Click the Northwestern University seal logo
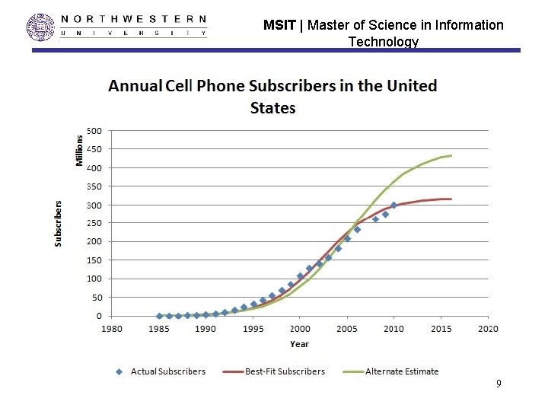coord(40,27)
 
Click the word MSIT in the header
coord(279,25)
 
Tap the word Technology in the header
coord(384,42)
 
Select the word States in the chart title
coord(273,107)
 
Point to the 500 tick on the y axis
coord(94,131)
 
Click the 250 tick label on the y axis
coord(94,223)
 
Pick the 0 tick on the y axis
coord(99,316)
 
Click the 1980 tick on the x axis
coord(111,329)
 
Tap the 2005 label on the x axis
coord(347,329)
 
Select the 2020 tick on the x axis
coord(488,329)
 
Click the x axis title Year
coord(299,344)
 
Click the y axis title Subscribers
coord(58,224)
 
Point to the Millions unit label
coord(79,151)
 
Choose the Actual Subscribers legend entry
coord(161,371)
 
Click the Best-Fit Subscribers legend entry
coord(274,371)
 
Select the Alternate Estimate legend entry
coord(390,371)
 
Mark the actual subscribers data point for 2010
coord(394,205)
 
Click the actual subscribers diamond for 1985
coord(159,316)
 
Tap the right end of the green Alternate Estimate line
coord(451,155)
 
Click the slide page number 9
coord(499,384)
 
